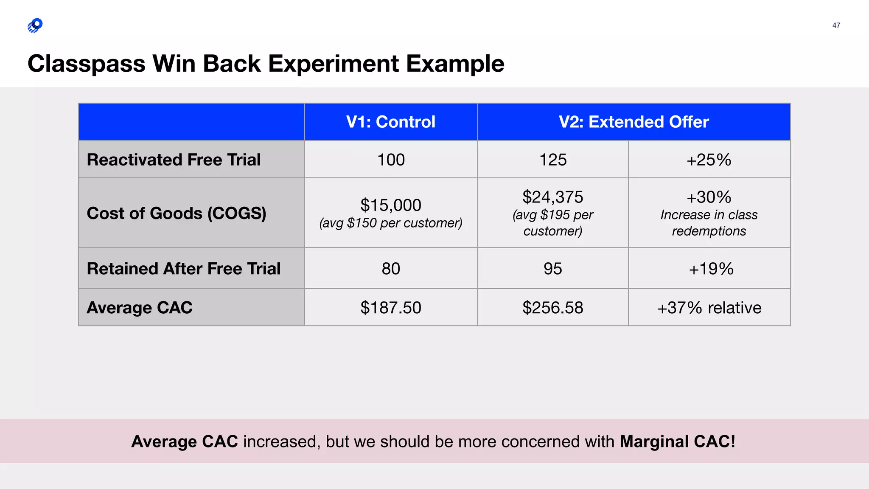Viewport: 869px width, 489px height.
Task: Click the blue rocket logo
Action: point(35,25)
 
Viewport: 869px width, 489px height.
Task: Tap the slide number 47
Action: point(836,25)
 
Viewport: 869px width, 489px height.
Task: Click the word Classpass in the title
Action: point(87,64)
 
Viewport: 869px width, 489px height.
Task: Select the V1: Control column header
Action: point(390,122)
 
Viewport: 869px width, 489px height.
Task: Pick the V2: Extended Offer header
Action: point(634,122)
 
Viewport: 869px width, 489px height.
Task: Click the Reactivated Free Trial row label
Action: point(174,160)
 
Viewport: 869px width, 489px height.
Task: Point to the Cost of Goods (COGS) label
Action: point(177,213)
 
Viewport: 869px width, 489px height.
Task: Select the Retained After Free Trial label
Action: point(184,269)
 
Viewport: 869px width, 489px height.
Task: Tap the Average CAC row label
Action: point(140,307)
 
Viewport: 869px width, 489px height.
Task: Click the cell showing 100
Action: point(391,160)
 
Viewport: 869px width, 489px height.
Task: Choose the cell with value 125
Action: point(552,160)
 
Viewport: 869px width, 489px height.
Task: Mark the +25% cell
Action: point(709,160)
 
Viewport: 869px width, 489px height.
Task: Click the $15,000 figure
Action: point(390,205)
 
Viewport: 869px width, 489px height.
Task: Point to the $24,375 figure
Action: point(552,197)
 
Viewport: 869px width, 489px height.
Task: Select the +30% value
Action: point(709,197)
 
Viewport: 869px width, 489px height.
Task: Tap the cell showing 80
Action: point(390,269)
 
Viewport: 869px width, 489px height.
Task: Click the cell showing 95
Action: point(552,269)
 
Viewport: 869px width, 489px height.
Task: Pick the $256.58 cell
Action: point(552,307)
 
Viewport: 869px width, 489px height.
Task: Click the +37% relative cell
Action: point(709,307)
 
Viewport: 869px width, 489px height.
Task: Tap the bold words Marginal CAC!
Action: point(677,441)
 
